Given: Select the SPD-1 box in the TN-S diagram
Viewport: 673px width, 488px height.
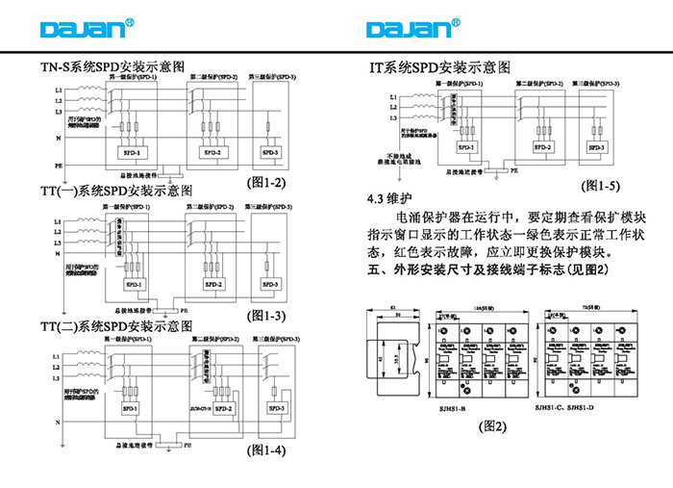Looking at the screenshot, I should click(132, 152).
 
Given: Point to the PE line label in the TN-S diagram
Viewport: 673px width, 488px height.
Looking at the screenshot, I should click(59, 166).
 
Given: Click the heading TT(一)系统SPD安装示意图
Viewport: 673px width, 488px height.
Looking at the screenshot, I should click(116, 192).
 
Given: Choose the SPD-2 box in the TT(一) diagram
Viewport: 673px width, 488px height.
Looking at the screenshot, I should click(213, 285).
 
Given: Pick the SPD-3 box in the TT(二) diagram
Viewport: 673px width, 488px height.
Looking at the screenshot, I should click(277, 408).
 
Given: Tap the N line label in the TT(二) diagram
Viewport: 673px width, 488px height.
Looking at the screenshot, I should click(59, 422).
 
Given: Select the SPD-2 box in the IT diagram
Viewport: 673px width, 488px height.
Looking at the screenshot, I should click(543, 147).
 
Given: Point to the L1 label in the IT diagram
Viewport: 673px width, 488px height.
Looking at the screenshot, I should click(393, 97).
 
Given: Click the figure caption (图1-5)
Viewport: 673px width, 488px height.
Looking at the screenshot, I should click(601, 185).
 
